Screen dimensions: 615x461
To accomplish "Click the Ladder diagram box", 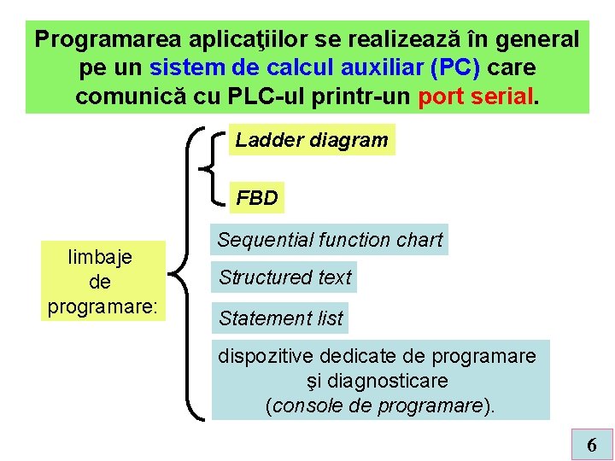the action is [x=312, y=140].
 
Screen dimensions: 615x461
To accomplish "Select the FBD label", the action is [x=257, y=198].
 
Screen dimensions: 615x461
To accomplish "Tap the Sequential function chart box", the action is [x=330, y=240].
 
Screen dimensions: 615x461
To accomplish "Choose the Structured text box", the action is [x=284, y=277].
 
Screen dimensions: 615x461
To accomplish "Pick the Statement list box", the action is [x=280, y=318].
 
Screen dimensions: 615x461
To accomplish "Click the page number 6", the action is [x=592, y=445].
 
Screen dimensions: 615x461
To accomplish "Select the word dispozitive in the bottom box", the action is [x=266, y=356].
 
